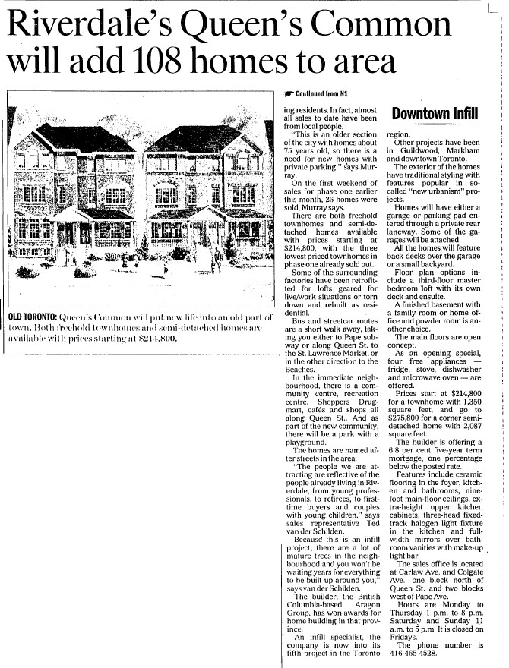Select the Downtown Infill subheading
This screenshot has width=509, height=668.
point(435,114)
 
